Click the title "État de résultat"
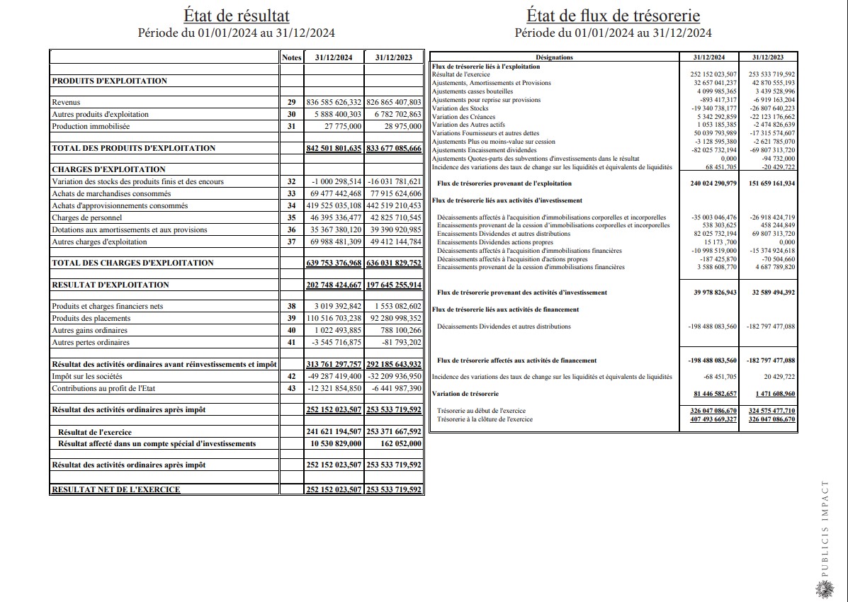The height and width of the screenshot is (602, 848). (236, 16)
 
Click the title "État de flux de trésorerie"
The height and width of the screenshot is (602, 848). (613, 16)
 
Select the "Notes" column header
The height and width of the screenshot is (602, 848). (291, 57)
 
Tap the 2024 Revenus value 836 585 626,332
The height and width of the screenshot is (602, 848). (334, 103)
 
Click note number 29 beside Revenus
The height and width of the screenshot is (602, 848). (291, 103)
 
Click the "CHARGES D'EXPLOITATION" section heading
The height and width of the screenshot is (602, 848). (108, 169)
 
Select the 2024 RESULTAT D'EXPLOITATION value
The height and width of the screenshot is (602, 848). (334, 285)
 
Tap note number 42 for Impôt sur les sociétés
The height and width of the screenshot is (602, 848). (291, 377)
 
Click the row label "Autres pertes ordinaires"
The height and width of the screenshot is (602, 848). (91, 343)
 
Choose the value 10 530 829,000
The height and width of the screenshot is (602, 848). (337, 443)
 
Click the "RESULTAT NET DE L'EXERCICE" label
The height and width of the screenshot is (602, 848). (115, 489)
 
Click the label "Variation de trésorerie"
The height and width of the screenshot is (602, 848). (465, 394)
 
